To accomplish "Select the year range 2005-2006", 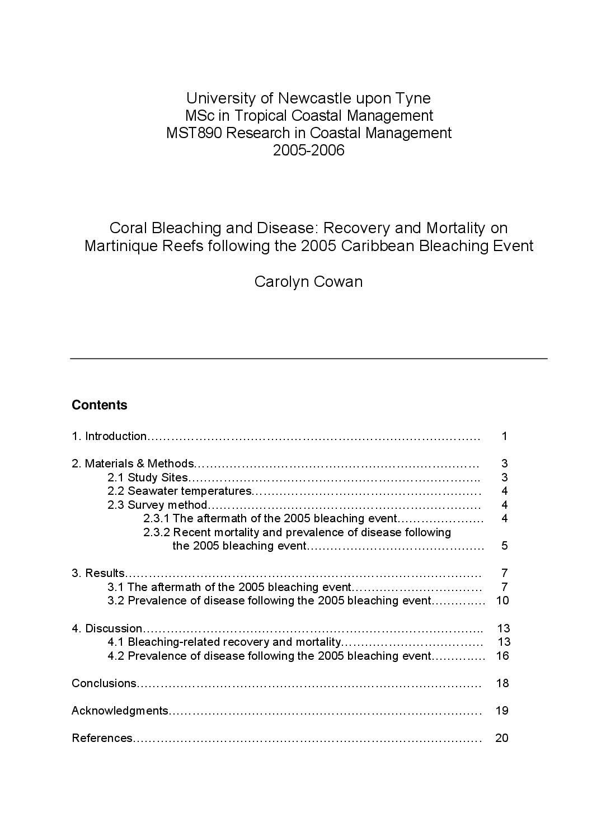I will click(x=308, y=150).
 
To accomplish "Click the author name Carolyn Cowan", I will click(x=308, y=281).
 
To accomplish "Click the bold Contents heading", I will click(x=100, y=405).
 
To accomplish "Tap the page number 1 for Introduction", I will click(x=504, y=436).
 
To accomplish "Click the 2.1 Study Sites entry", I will click(x=148, y=477).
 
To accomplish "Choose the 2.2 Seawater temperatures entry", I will click(x=180, y=491).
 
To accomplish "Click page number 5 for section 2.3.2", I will click(x=504, y=546).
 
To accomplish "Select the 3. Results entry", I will click(x=98, y=573).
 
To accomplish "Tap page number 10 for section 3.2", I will click(x=502, y=600).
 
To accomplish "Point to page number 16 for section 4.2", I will click(x=502, y=656).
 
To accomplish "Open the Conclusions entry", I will click(x=104, y=683).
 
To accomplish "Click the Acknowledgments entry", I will click(x=120, y=711).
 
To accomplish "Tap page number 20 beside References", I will click(x=502, y=738).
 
